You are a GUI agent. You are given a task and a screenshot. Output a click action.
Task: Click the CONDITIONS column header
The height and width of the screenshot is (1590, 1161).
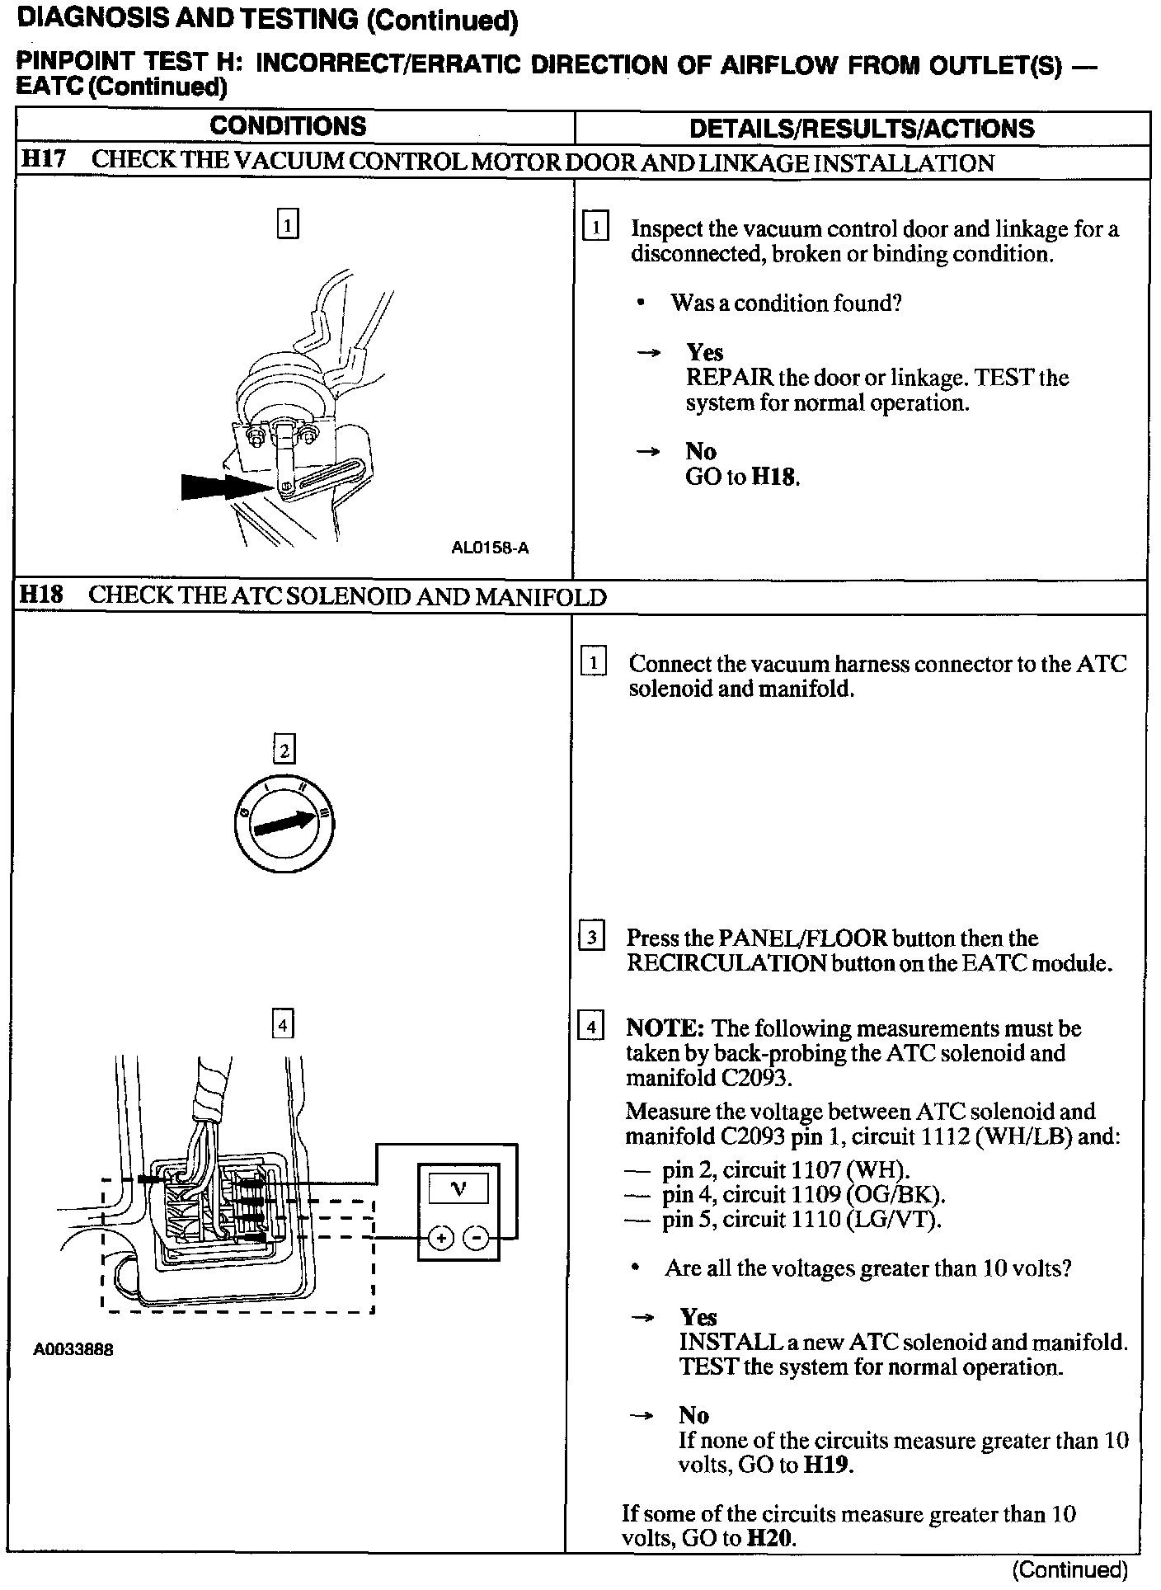288,126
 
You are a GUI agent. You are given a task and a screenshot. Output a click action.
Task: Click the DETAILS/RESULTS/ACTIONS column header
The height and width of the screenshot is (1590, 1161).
862,129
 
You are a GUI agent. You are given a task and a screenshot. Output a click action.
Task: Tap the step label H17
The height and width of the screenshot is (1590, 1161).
43,160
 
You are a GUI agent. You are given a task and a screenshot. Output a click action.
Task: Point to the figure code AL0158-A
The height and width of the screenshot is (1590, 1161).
490,548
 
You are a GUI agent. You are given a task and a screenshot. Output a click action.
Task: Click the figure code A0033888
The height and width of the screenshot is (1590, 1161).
73,1350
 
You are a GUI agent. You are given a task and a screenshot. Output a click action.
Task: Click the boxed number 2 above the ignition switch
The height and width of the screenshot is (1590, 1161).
284,750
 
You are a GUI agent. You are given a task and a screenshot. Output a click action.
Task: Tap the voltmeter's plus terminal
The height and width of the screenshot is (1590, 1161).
442,1238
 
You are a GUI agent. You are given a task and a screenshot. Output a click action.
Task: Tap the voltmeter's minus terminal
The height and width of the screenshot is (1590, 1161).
477,1238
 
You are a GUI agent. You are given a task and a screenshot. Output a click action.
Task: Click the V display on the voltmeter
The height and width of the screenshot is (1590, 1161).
458,1189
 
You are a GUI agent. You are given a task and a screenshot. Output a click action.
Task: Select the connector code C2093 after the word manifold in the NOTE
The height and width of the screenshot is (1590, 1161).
755,1078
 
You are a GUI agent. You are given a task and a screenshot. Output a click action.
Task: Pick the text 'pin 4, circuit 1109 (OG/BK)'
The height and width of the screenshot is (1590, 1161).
803,1194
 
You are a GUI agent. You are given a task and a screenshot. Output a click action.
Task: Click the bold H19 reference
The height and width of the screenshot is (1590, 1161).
827,1465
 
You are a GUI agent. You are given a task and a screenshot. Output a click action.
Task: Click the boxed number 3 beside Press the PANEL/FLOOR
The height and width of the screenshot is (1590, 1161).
592,938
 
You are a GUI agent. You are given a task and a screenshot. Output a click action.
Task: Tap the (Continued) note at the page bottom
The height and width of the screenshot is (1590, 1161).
1069,1569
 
